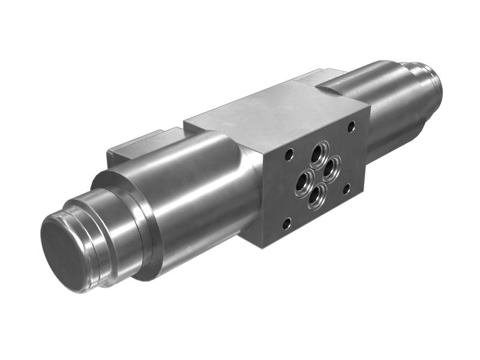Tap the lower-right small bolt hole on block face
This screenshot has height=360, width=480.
tap(346, 190)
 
